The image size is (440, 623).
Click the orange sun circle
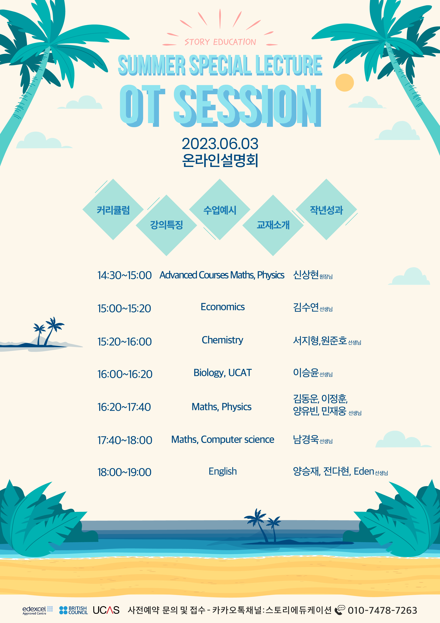345,82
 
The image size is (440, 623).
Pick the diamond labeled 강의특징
166,225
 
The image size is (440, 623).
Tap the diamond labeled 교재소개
273,225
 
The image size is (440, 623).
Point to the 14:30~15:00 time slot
124,275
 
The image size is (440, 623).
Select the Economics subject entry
223,307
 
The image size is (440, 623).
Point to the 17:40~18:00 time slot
125,440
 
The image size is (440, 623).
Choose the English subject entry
223,472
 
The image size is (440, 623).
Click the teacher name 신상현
306,275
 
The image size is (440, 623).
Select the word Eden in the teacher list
364,471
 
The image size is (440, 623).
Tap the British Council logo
73,610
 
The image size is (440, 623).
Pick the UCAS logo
106,610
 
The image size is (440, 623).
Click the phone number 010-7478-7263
382,610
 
